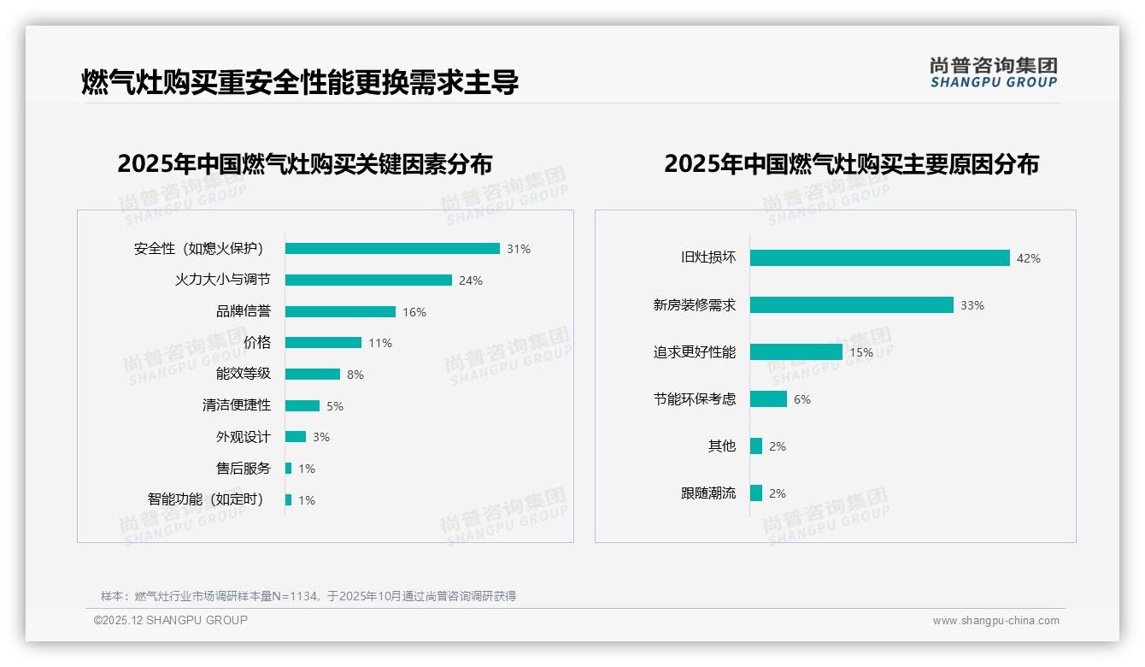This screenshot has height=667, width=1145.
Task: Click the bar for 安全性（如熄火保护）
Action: tap(392, 249)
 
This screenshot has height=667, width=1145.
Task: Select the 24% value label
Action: tap(470, 280)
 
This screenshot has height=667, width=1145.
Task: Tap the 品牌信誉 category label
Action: tap(243, 311)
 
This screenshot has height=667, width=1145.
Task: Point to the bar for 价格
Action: tap(323, 343)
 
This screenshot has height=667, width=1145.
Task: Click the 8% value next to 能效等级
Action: tap(355, 375)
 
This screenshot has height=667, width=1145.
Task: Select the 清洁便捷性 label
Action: tap(236, 405)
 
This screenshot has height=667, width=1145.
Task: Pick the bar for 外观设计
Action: tap(296, 437)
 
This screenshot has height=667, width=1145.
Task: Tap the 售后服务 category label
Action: tap(243, 468)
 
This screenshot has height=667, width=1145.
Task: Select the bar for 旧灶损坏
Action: tap(880, 258)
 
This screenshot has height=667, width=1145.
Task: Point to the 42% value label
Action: tap(1028, 258)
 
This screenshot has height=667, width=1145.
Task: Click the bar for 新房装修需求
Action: tap(852, 305)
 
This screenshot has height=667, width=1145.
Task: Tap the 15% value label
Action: tap(861, 352)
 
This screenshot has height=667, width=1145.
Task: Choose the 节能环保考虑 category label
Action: tap(694, 399)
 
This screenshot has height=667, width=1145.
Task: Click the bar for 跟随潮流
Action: tap(756, 493)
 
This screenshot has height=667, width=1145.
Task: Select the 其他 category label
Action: tap(721, 446)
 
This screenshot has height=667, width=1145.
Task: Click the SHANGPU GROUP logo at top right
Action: tap(993, 73)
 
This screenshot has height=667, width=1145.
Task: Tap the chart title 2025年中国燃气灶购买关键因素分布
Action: tap(305, 164)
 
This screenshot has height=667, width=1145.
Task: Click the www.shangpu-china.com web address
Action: tap(995, 621)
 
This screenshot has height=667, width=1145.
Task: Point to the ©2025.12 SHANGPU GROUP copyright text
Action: tap(171, 620)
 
